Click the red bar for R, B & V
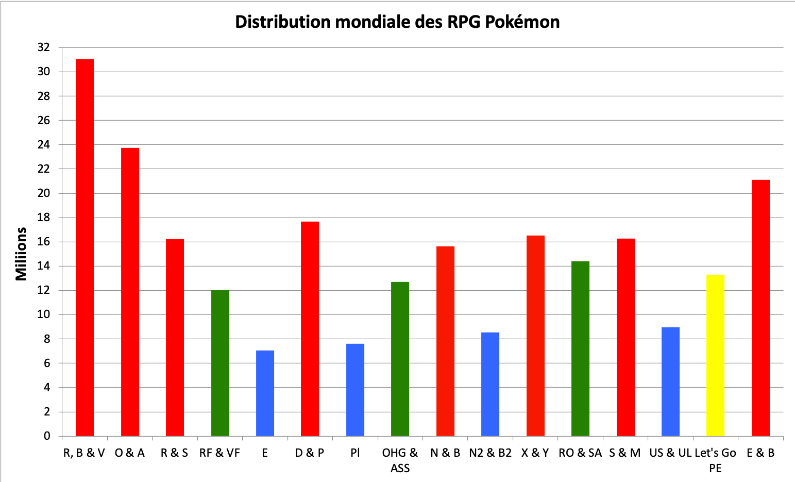84,247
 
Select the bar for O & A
130,292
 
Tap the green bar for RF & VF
220,363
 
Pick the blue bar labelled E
265,393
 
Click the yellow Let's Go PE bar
715,355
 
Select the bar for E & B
760,308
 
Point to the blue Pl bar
355,390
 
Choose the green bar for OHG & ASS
400,359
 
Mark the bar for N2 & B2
490,384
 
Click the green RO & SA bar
580,348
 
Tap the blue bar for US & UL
670,381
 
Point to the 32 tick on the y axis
44,47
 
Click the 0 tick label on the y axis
47,436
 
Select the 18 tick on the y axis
44,218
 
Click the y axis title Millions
21,254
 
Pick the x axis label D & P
310,453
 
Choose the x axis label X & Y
535,453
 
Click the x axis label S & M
625,453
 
